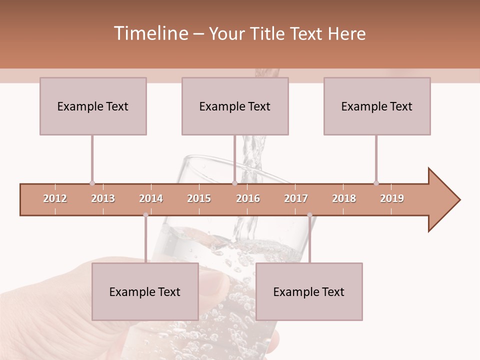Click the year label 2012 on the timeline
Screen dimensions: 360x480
click(x=55, y=198)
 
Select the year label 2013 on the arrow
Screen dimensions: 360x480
click(x=103, y=198)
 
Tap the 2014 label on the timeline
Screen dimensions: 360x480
click(x=151, y=198)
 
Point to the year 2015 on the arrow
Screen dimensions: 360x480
click(x=199, y=198)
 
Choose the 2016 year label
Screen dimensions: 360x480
click(x=248, y=198)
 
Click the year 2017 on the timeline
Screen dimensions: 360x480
click(x=296, y=198)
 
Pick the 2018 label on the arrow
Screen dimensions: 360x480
click(x=344, y=198)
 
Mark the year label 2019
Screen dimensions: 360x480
click(x=392, y=198)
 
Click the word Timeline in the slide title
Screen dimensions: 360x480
click(x=150, y=33)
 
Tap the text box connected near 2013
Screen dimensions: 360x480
click(x=93, y=106)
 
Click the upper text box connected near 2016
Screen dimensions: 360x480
click(x=235, y=106)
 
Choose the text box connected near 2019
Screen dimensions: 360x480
click(x=377, y=106)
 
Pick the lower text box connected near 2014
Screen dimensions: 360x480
click(x=145, y=291)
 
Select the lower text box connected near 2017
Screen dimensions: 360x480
click(x=309, y=291)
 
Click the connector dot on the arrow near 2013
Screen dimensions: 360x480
click(x=92, y=183)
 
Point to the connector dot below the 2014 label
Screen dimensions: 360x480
click(x=145, y=215)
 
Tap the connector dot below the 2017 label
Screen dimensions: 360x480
click(x=309, y=215)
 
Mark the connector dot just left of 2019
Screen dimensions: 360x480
click(x=376, y=183)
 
